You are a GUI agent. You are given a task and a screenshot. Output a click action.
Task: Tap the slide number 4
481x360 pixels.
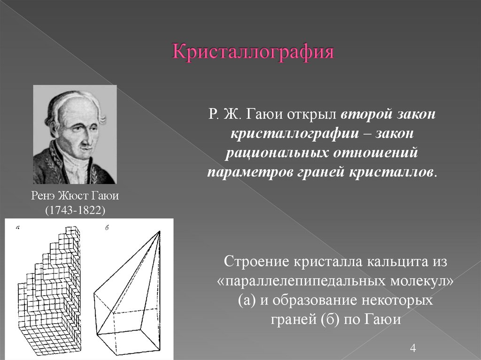[x=413, y=348]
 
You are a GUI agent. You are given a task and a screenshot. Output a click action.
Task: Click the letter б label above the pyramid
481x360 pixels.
[x=107, y=228]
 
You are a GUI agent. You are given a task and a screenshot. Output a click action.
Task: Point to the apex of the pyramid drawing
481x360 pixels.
[x=160, y=231]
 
